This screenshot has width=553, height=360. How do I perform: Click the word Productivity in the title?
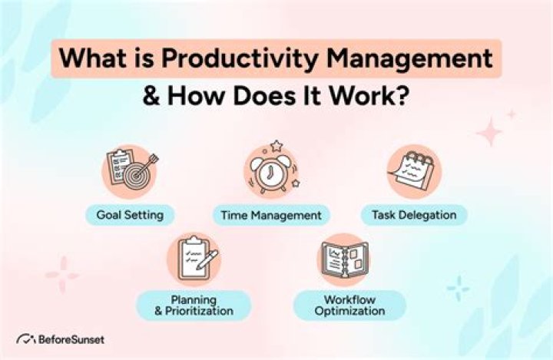pos(240,58)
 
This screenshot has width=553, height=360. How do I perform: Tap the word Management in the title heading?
pos(409,58)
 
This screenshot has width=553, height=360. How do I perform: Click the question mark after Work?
pos(403,95)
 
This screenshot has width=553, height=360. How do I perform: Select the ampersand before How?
pos(151,95)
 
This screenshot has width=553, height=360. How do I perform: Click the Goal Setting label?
pos(130,215)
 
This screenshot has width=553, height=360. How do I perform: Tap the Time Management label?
pos(271,215)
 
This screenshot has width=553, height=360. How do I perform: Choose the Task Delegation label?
pos(414,215)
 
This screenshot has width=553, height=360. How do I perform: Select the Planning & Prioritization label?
pos(194,306)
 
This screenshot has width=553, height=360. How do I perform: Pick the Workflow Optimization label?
pos(349,306)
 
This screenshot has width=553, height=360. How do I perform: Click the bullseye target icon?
pos(136,174)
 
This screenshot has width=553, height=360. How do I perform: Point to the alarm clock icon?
pos(271,173)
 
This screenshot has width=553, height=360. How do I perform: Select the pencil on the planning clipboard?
pos(207,259)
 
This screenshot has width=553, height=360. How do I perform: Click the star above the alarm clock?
pos(276,145)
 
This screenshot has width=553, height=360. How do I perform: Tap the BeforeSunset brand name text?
pos(71,339)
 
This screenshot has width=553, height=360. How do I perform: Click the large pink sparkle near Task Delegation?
pos(489,132)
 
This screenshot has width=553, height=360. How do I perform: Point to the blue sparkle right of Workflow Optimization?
pos(458,289)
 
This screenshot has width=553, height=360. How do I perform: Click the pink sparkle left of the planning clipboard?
pos(62,275)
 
